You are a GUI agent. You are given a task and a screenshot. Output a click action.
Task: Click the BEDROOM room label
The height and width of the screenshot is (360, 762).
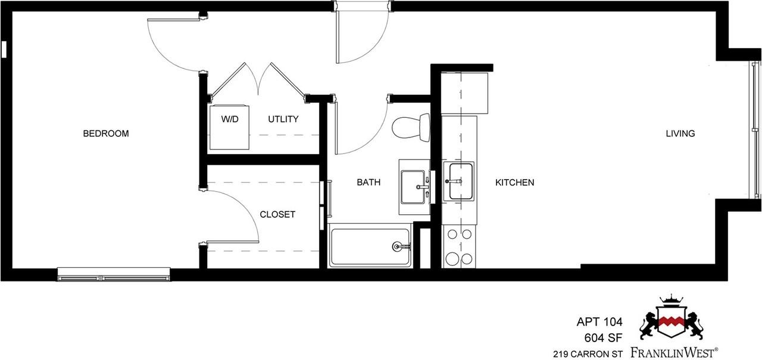pos(106,134)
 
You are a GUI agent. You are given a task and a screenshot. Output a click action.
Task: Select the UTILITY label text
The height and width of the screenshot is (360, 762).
pos(283,119)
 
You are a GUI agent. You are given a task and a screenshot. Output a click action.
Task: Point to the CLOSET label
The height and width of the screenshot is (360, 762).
pos(277,214)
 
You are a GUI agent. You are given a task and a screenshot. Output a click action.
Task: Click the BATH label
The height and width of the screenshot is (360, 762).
pos(368,183)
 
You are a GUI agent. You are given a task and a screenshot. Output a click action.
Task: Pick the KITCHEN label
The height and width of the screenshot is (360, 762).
pos(514,183)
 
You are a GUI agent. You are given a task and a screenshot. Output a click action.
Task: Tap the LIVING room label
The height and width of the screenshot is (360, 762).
pos(680,134)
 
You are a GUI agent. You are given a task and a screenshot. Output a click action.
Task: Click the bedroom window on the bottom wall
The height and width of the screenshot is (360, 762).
pos(114,274)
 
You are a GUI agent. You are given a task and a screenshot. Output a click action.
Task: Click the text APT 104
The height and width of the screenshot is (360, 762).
pos(599,322)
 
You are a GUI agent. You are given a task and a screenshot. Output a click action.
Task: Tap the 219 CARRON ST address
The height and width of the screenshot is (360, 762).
pos(586,354)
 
